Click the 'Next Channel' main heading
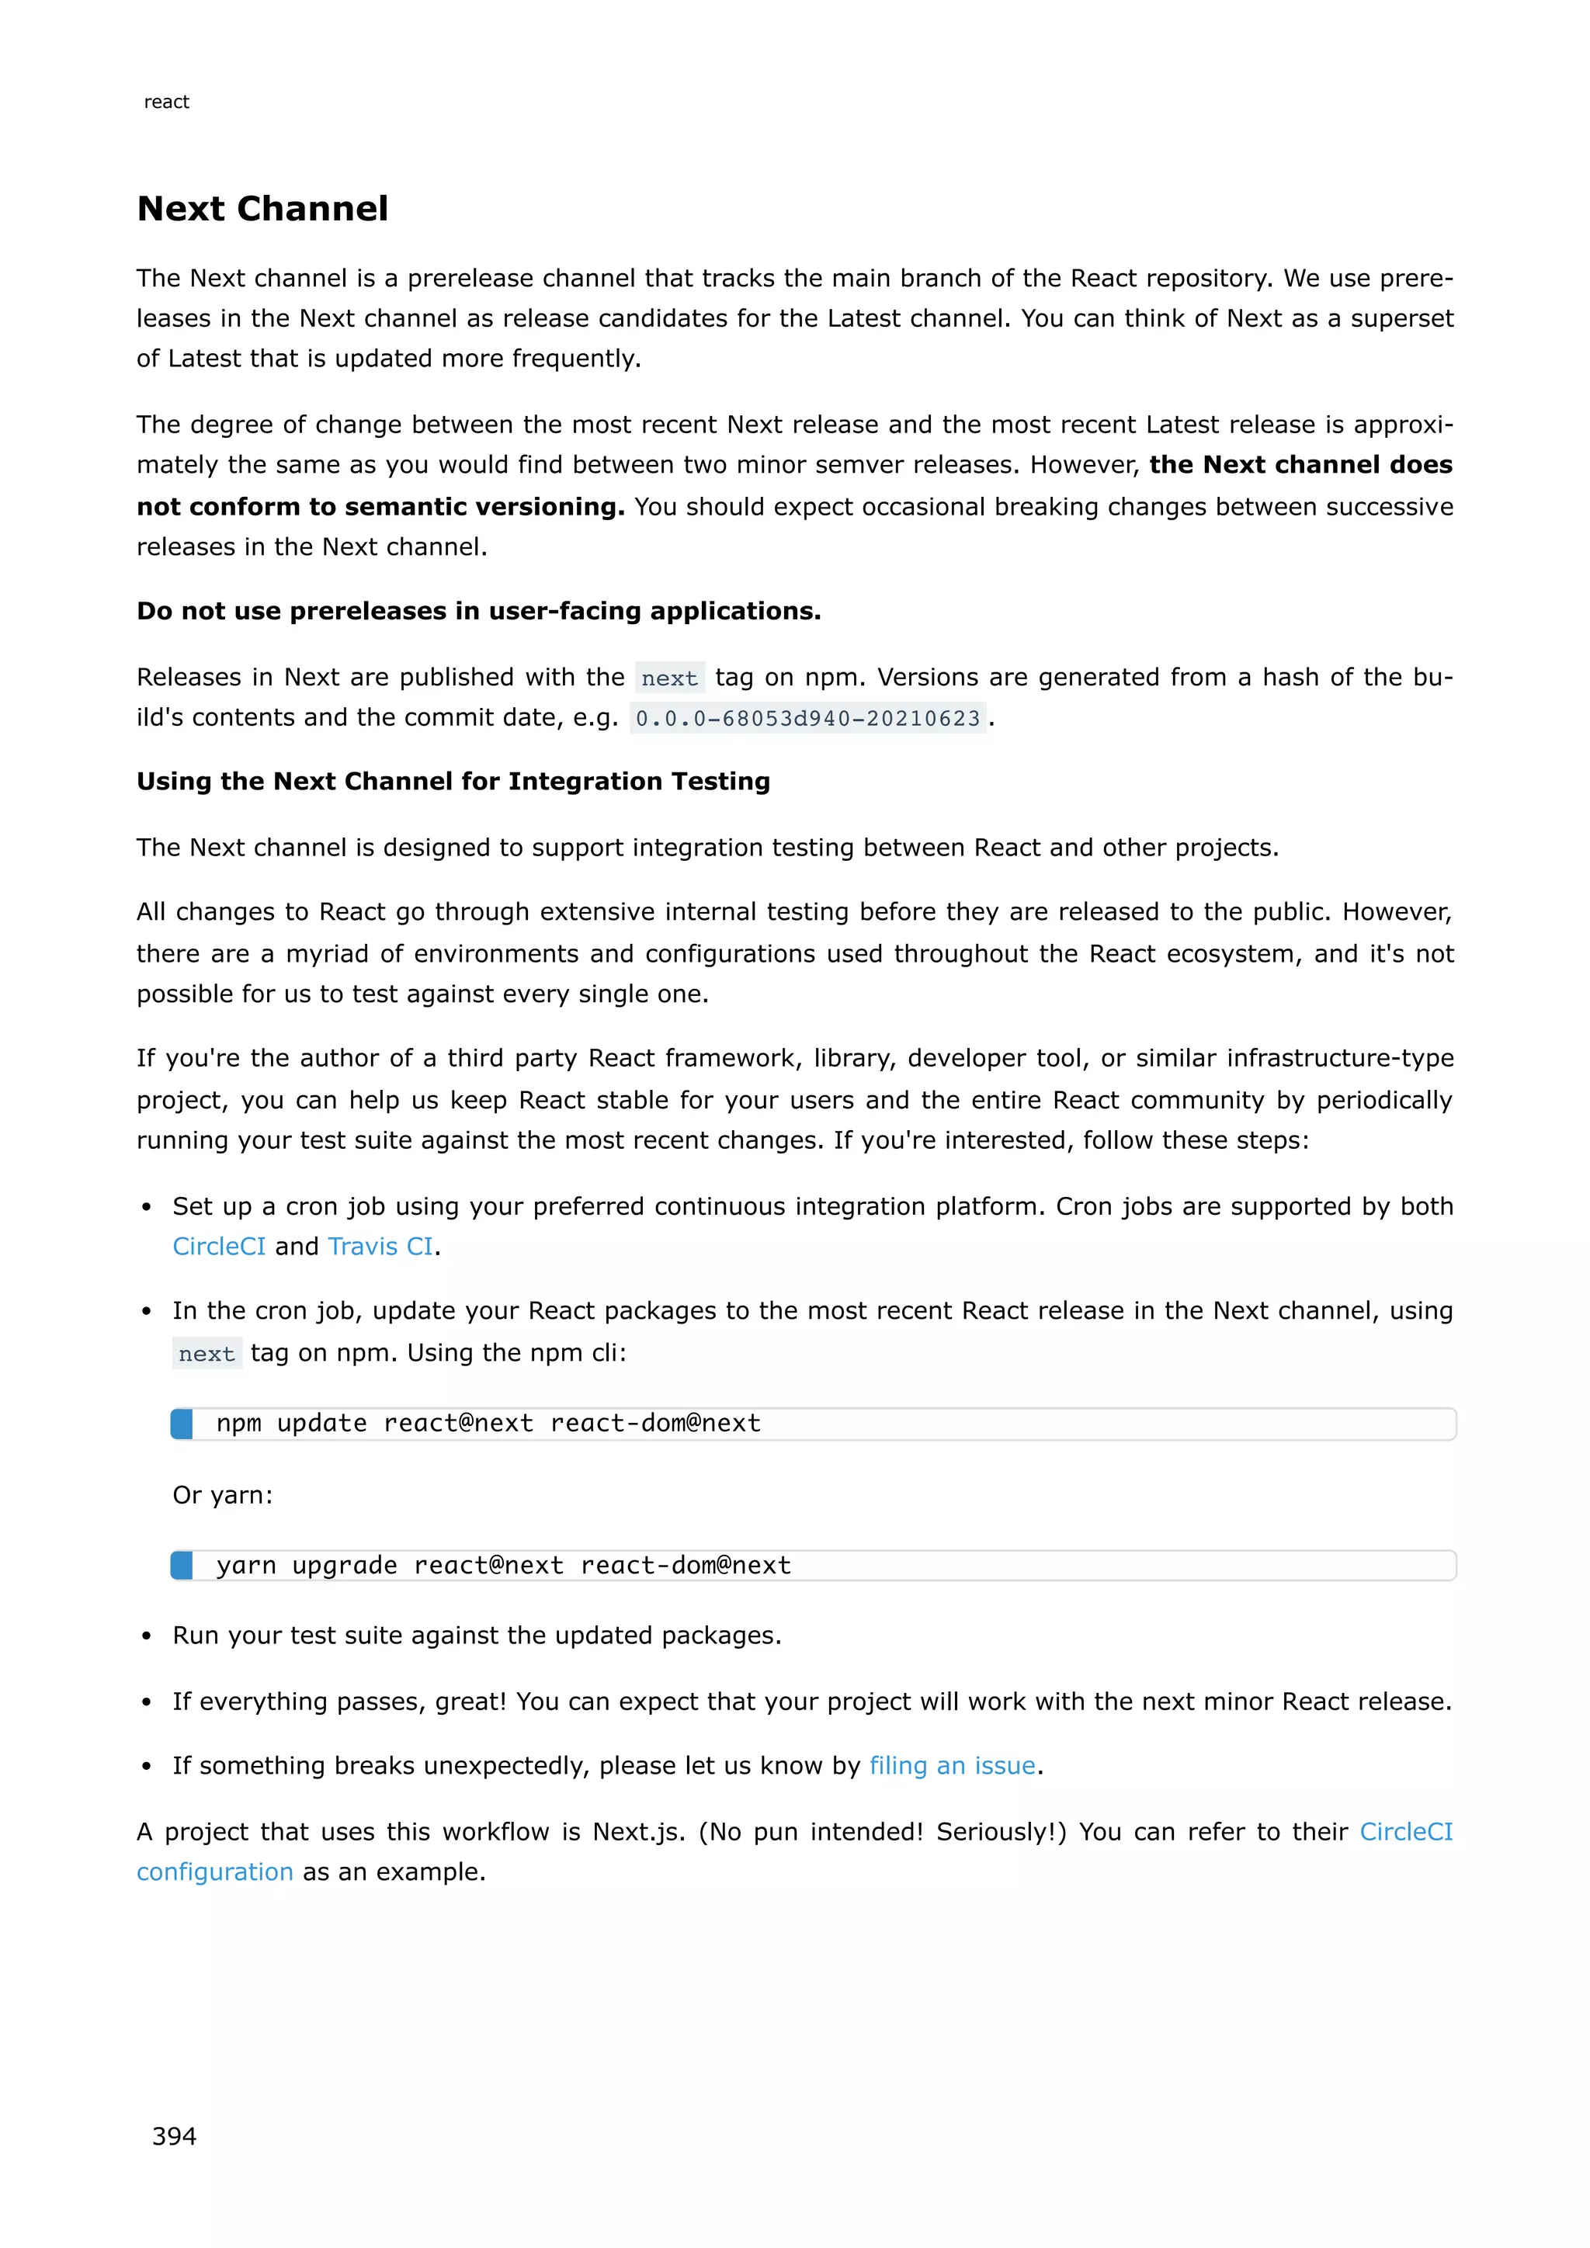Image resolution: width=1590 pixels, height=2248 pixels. [x=262, y=209]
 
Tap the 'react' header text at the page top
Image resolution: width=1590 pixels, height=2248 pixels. [x=166, y=102]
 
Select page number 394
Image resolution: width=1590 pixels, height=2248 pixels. [x=174, y=2135]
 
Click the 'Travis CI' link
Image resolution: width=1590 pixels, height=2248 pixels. [x=380, y=1247]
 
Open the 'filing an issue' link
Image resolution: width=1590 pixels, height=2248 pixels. [x=952, y=1765]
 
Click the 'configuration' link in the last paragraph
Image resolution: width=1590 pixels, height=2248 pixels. [x=214, y=1872]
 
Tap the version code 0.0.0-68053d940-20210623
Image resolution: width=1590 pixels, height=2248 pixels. [x=807, y=719]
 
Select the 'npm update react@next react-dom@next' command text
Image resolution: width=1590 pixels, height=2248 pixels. [x=488, y=1424]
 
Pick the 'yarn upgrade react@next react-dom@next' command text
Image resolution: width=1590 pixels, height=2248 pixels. [x=503, y=1566]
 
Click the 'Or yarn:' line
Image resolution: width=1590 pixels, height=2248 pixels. [x=222, y=1495]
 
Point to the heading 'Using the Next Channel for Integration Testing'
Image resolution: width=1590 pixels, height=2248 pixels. [x=453, y=782]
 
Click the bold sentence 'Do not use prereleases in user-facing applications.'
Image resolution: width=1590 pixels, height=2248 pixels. [x=479, y=611]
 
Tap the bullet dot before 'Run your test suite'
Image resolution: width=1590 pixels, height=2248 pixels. [x=147, y=1637]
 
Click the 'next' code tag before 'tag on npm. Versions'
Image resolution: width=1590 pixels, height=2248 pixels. [x=670, y=678]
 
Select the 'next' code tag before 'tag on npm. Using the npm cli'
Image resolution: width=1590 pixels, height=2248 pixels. [x=207, y=1354]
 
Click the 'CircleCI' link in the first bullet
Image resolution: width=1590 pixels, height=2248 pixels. [x=218, y=1247]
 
